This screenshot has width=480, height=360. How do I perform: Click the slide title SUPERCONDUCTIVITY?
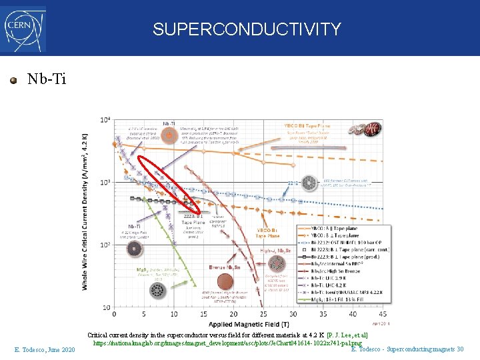[x=247, y=29]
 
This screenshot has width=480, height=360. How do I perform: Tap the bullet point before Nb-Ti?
[x=13, y=80]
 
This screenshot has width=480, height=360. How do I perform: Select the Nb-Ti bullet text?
[x=47, y=79]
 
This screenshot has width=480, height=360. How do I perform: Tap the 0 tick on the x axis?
[x=114, y=313]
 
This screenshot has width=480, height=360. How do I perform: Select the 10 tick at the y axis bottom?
[x=105, y=307]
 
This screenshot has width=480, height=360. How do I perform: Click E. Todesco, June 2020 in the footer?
[x=45, y=349]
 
